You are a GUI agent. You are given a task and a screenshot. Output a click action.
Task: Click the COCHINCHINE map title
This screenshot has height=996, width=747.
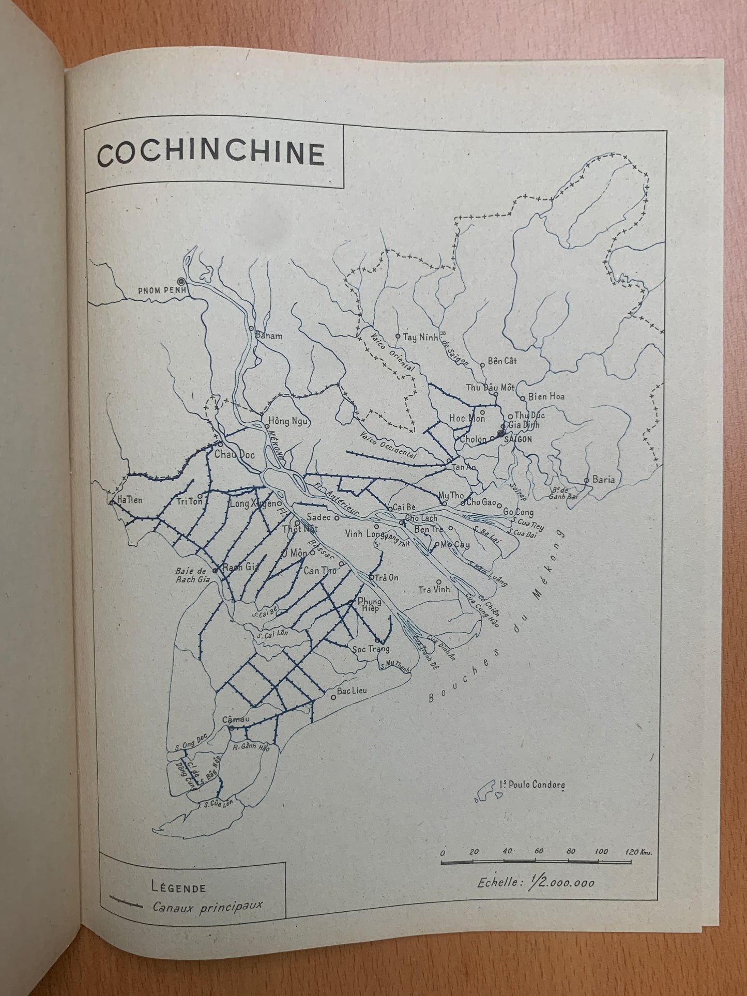click(211, 154)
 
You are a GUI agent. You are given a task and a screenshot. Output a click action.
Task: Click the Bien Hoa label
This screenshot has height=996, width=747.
click(546, 397)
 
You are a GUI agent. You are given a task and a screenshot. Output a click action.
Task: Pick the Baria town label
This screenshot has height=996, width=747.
click(603, 479)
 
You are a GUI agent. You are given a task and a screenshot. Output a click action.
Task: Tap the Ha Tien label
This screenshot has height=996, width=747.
click(130, 500)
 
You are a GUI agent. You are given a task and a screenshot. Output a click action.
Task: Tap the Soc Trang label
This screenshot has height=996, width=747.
click(370, 649)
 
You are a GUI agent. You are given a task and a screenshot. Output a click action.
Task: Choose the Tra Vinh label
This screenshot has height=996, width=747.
click(434, 589)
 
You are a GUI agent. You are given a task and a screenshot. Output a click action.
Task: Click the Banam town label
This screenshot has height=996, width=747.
click(269, 336)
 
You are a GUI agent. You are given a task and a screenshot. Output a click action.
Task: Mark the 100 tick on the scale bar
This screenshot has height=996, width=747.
click(601, 852)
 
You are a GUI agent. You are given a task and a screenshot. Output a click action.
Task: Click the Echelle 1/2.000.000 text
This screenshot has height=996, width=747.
click(536, 882)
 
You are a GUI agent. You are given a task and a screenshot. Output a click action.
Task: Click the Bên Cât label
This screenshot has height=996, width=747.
click(502, 361)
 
